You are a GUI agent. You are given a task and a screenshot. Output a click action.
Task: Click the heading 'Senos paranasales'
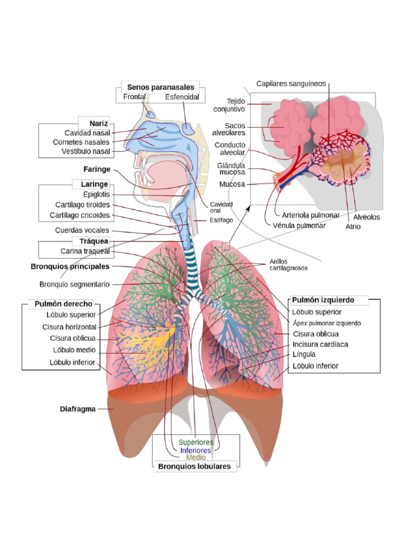[160, 87]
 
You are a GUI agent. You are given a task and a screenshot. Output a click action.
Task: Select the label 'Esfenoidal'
[182, 97]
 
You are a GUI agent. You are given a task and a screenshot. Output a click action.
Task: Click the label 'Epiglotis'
[96, 194]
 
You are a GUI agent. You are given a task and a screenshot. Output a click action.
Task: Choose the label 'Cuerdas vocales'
[89, 230]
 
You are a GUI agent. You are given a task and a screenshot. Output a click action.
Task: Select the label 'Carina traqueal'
[85, 251]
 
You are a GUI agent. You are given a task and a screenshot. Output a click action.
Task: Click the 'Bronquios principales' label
[70, 266]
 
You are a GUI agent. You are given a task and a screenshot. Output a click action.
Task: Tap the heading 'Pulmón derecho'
[64, 304]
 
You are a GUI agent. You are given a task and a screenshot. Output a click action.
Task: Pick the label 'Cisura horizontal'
[70, 327]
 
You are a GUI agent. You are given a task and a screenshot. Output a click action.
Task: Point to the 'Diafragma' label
[78, 409]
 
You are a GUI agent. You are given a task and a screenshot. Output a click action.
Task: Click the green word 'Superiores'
[196, 443]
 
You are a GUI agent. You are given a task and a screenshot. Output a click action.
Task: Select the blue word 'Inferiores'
[196, 450]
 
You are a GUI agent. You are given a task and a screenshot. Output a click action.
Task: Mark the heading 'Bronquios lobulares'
[194, 466]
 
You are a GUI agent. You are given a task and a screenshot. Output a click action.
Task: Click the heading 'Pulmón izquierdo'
[322, 300]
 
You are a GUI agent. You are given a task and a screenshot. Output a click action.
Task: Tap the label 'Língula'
[304, 355]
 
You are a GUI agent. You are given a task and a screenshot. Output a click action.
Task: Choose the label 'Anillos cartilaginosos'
[288, 265]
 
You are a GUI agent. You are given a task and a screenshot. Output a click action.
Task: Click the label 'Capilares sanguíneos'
[291, 84]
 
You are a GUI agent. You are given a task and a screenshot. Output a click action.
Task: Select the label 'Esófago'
[221, 220]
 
